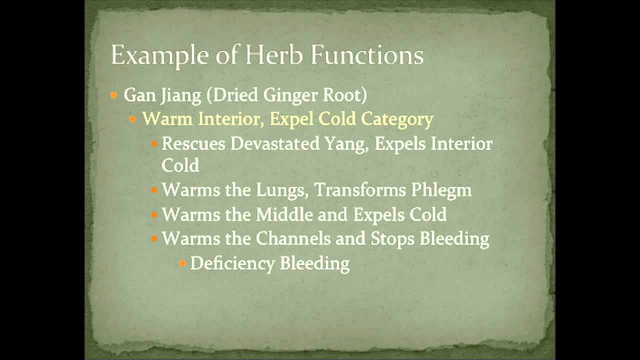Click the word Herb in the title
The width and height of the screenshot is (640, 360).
274,55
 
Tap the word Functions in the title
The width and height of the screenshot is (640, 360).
367,55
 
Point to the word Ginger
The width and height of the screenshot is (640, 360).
284,95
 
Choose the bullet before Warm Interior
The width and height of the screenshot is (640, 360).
132,119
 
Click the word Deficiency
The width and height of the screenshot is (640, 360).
232,263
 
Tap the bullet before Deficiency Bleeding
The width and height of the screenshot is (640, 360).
182,263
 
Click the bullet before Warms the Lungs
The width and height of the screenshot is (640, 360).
154,190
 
